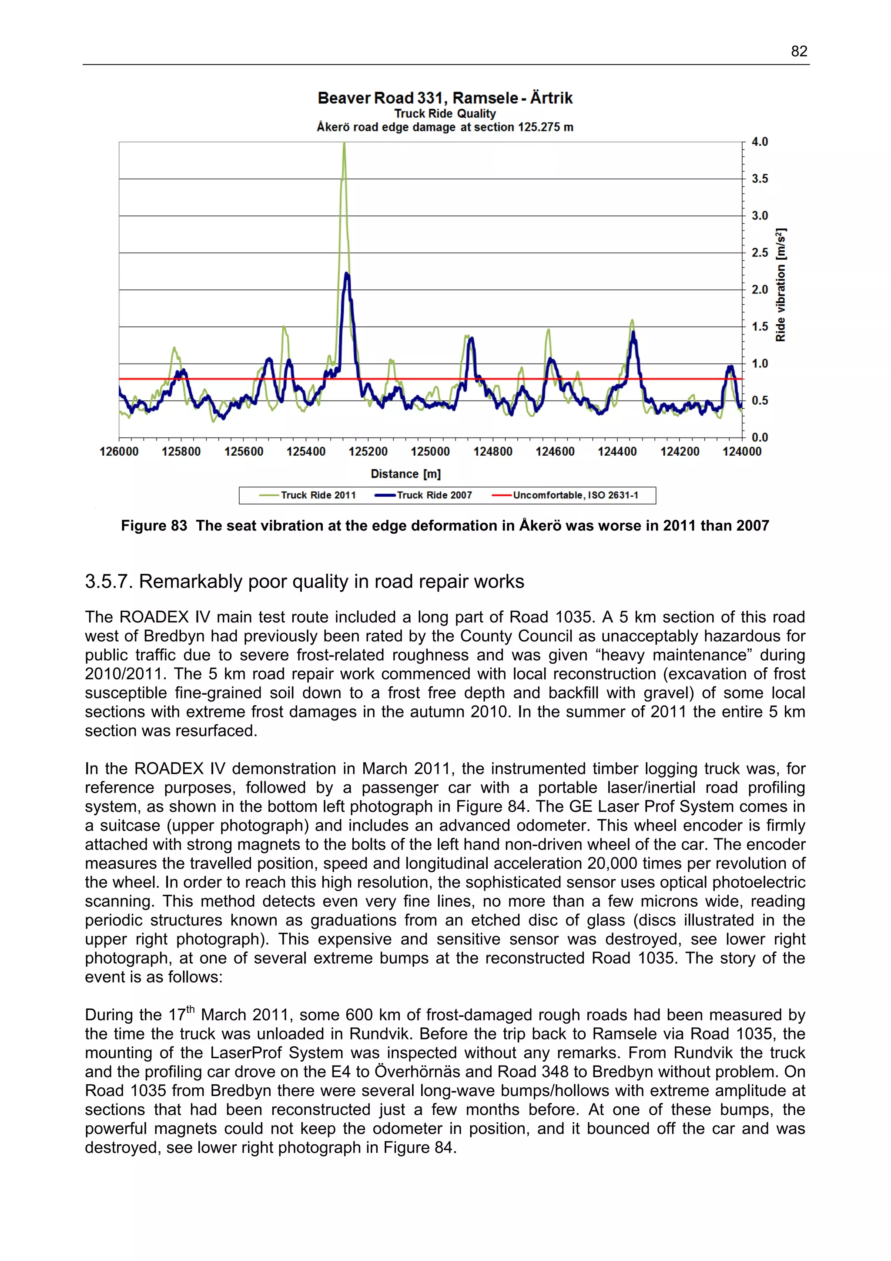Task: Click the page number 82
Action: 799,52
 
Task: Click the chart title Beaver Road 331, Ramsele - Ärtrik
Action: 445,98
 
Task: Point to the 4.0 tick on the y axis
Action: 760,142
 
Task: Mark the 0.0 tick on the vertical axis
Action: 760,438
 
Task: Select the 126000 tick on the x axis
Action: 119,452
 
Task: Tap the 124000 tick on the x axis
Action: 742,452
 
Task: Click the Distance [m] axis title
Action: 406,474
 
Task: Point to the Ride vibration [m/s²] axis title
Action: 780,285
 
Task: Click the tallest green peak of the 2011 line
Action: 344,144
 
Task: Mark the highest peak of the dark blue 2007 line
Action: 346,273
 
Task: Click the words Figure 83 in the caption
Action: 154,526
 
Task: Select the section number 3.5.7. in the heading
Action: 109,582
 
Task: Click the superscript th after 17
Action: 191,1009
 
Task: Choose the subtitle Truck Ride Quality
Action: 445,114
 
